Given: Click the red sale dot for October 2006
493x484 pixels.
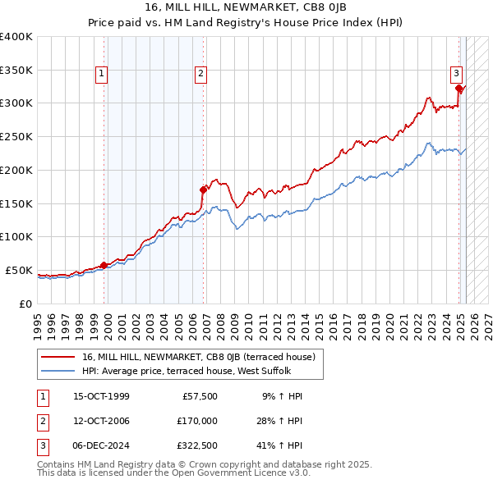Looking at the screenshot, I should pos(203,189).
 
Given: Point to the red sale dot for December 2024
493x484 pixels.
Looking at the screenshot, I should pos(458,88).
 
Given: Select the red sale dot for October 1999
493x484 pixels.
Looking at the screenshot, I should pos(104,265).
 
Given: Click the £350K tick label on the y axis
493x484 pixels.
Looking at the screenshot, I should pos(16,70).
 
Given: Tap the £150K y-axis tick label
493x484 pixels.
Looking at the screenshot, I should pos(16,203).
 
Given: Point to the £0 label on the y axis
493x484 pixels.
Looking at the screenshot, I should pos(25,304).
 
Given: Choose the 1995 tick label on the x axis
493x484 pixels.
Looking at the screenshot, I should pos(38,321).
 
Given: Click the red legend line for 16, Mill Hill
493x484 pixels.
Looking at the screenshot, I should pos(58,357).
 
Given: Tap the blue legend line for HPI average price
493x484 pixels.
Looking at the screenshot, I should pos(58,371).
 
